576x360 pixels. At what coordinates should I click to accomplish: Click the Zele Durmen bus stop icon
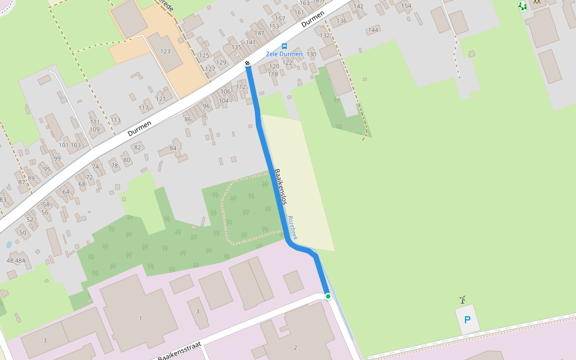pyautogui.click(x=284, y=46)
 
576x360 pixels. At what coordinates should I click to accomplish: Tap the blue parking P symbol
pyautogui.click(x=467, y=320)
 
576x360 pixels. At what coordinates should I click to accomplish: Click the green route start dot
pyautogui.click(x=328, y=296)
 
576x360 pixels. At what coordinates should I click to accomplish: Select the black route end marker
pyautogui.click(x=247, y=63)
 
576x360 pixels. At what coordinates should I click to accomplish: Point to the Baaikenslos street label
pyautogui.click(x=280, y=187)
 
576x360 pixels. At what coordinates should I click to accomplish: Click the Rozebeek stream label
pyautogui.click(x=292, y=227)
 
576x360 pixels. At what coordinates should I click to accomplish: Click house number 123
pyautogui.click(x=166, y=52)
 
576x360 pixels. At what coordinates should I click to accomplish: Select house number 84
pyautogui.click(x=173, y=148)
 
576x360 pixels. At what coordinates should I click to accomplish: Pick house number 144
pyautogui.click(x=374, y=30)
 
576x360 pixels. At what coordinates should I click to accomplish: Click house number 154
pyautogui.click(x=406, y=6)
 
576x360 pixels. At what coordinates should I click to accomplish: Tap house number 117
pyautogui.click(x=144, y=108)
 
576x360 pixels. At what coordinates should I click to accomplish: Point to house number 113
pyautogui.click(x=116, y=120)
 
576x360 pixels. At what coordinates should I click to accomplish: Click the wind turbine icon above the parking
pyautogui.click(x=462, y=299)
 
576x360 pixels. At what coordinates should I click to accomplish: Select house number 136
pyautogui.click(x=342, y=21)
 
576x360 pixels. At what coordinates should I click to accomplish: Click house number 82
pyautogui.click(x=138, y=148)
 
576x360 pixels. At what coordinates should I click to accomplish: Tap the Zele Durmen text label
pyautogui.click(x=284, y=54)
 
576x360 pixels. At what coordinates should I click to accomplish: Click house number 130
pyautogui.click(x=311, y=55)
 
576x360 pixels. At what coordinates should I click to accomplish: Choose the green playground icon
pyautogui.click(x=522, y=6)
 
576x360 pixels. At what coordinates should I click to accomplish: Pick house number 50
pyautogui.click(x=23, y=232)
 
